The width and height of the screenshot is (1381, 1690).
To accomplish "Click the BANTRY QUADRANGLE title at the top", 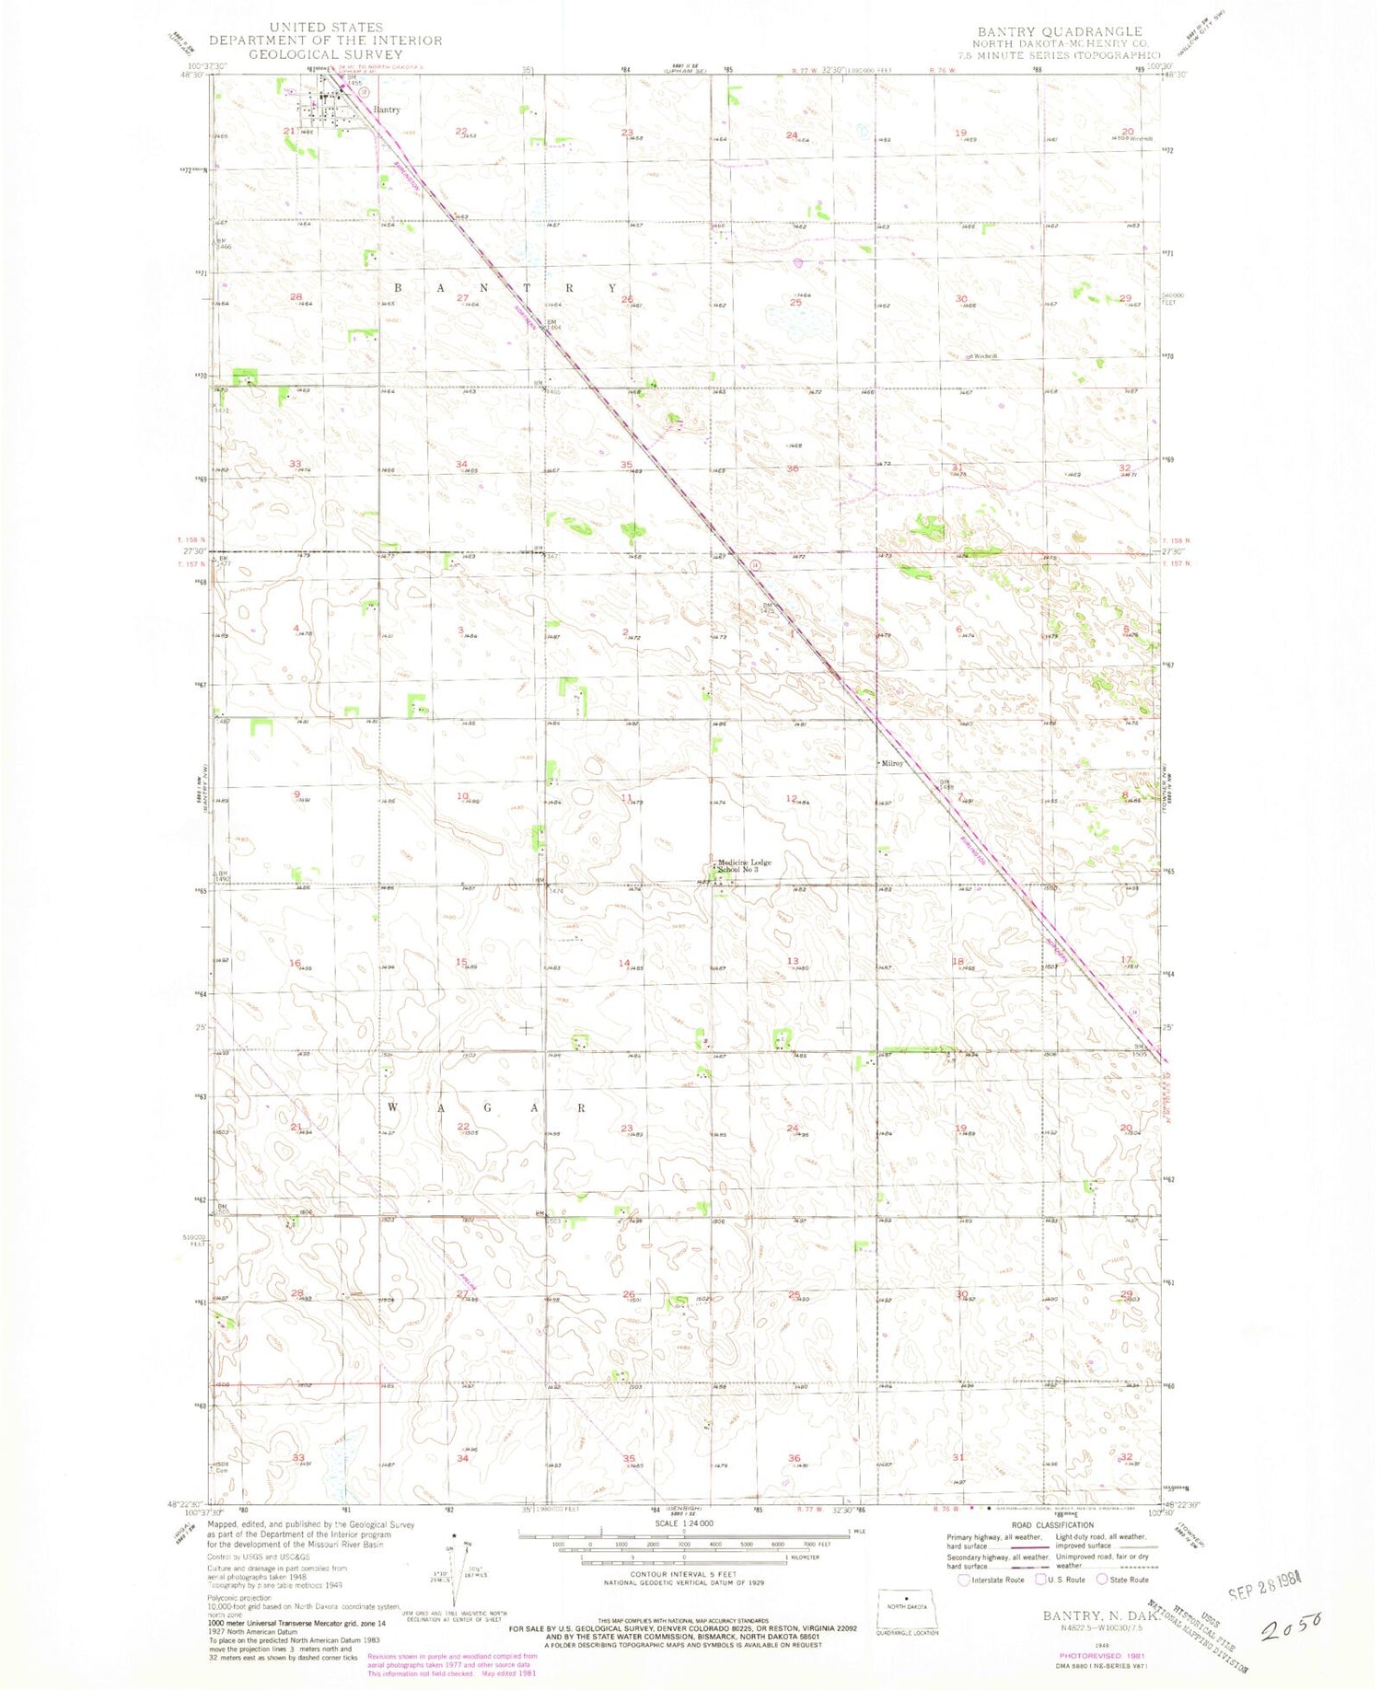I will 1060,31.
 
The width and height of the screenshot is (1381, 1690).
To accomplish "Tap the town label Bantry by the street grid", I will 387,110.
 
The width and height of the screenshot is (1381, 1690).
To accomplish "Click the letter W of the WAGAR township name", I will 393,1107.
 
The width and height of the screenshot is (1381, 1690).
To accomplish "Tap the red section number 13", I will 792,962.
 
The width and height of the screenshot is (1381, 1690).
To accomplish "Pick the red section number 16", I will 295,963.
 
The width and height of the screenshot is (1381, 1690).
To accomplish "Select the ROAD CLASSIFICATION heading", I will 1052,1525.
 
